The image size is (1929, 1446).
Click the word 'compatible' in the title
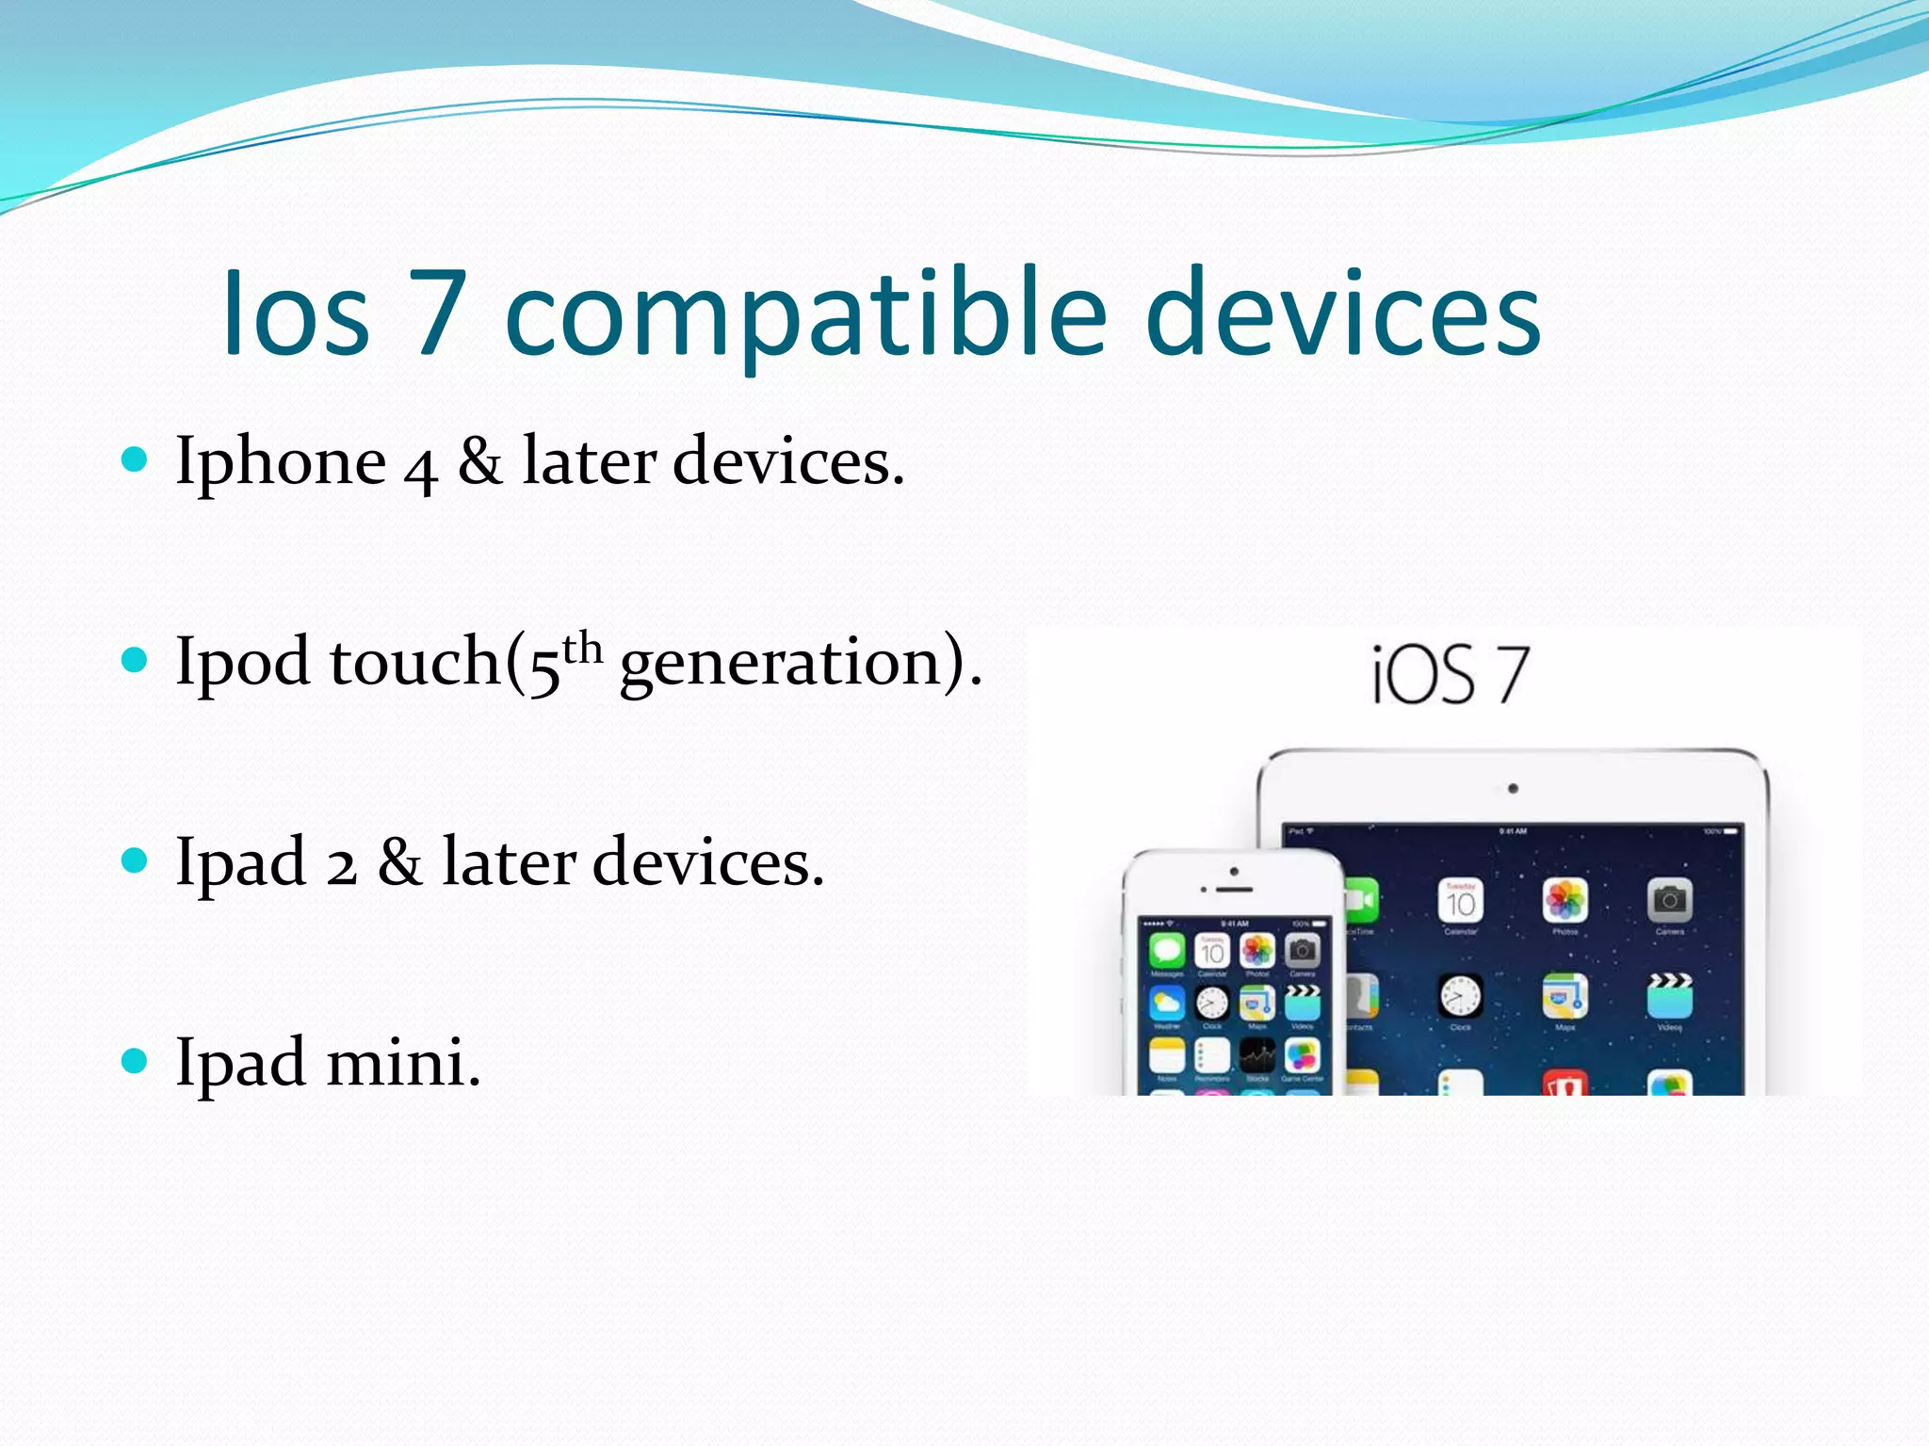[x=805, y=315]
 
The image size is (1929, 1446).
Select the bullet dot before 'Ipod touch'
[x=136, y=660]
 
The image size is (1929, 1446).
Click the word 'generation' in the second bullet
[x=780, y=663]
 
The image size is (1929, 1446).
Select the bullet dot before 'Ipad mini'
[x=136, y=1061]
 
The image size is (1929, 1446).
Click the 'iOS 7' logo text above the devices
[x=1450, y=675]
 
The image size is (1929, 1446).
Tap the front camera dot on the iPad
[x=1513, y=789]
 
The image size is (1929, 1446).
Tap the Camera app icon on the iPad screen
[x=1669, y=901]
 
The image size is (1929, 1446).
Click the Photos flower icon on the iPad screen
[x=1564, y=901]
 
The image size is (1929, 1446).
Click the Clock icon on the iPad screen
[x=1460, y=996]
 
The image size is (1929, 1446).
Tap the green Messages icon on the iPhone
[x=1167, y=951]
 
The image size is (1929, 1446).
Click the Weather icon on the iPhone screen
[x=1167, y=1004]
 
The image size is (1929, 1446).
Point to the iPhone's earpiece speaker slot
[x=1234, y=889]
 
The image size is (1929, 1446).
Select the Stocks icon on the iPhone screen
[x=1257, y=1055]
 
